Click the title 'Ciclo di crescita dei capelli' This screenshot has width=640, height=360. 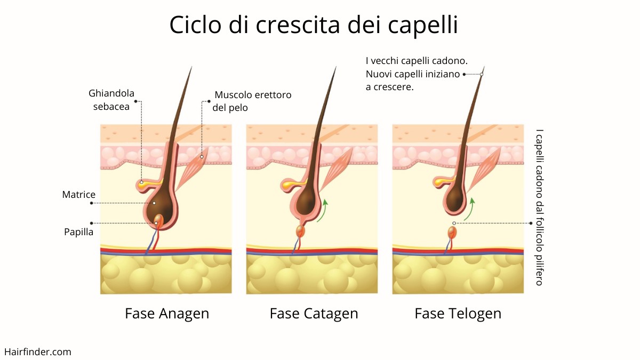314,25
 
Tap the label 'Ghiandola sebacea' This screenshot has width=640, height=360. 111,100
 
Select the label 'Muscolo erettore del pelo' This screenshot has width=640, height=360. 252,101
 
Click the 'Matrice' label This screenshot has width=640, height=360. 78,195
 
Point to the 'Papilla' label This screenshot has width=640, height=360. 78,231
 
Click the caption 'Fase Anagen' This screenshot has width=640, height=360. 167,314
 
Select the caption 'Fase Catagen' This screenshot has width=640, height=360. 314,314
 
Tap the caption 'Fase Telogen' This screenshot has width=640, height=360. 458,314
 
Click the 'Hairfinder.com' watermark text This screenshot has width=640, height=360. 38,351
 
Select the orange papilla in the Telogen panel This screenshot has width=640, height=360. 452,232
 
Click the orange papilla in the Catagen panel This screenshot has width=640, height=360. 300,231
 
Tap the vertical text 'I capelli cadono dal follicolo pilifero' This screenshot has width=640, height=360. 539,207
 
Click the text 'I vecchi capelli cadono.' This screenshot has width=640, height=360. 417,61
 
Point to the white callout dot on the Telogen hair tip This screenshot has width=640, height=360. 482,74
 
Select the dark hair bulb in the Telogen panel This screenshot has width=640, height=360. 454,199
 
